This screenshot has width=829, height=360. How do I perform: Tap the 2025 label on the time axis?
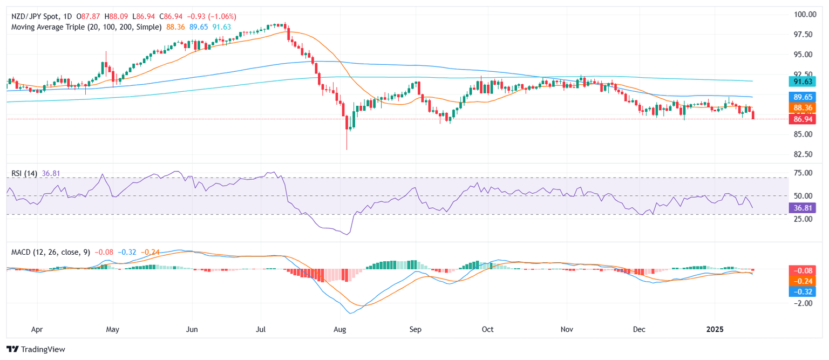click(x=715, y=328)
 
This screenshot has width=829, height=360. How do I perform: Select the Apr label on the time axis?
click(x=37, y=328)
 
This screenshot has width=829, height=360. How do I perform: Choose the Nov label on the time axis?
click(x=567, y=328)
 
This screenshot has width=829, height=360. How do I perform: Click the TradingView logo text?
click(x=42, y=349)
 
